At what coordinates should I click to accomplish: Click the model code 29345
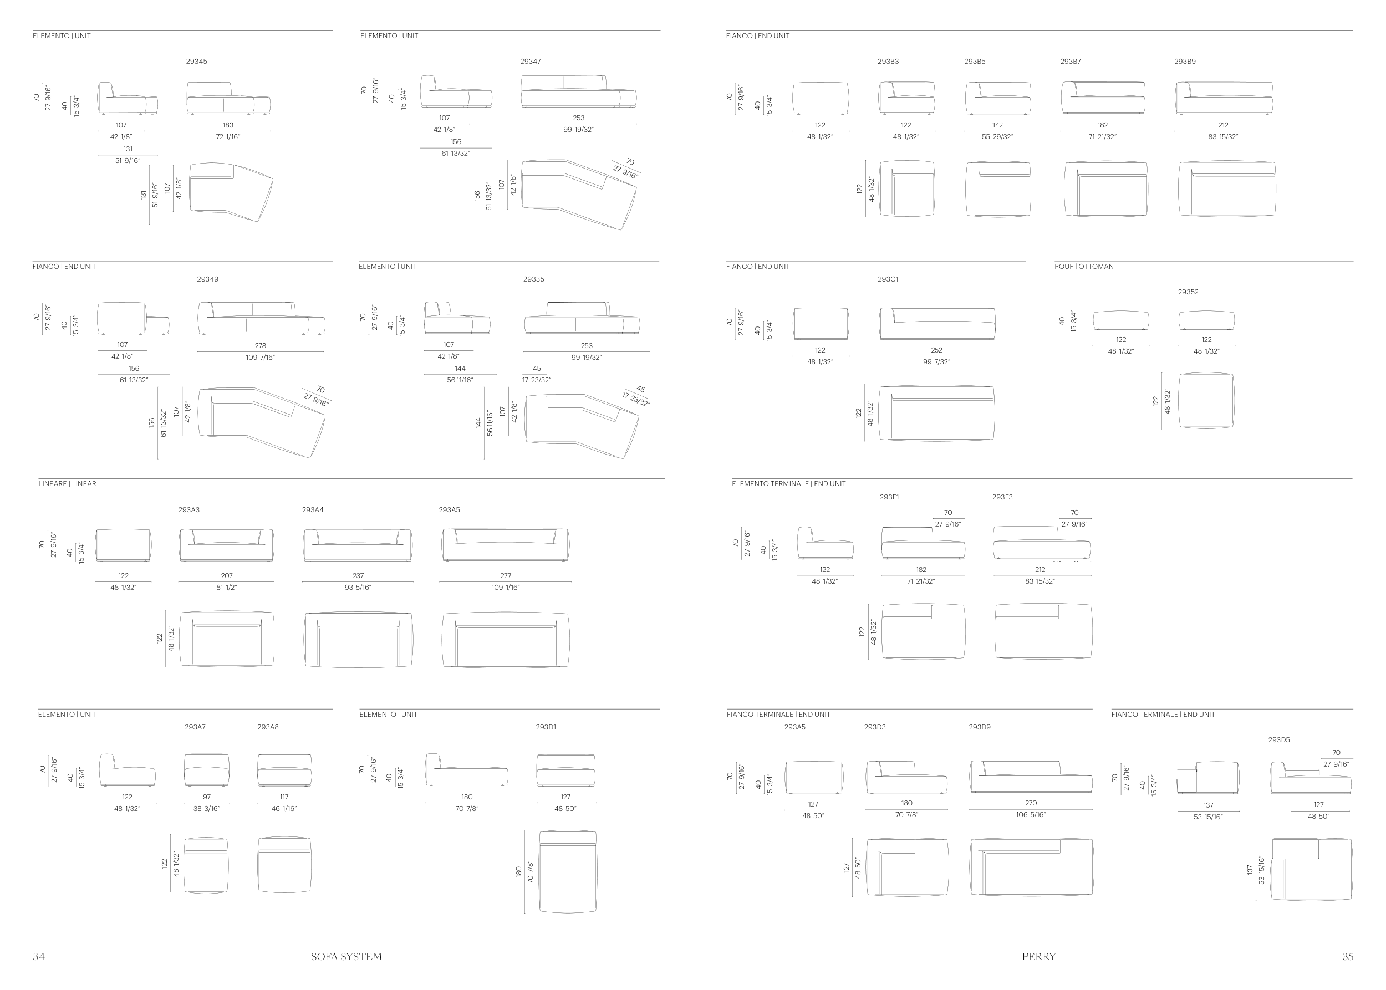pos(196,62)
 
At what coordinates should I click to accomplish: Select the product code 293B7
pos(1070,62)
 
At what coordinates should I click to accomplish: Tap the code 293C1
pos(888,279)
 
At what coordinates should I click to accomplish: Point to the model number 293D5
pos(1278,740)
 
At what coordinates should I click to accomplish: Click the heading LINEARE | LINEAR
pos(67,484)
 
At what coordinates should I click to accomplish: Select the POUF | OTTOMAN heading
pos(1084,267)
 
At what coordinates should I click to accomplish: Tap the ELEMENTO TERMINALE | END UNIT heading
pos(788,484)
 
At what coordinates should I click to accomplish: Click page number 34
pos(38,957)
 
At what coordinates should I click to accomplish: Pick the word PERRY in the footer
pos(1038,957)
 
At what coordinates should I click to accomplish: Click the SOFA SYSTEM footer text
pos(346,957)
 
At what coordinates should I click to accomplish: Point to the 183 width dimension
pos(228,125)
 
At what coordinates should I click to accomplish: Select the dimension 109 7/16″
pos(261,357)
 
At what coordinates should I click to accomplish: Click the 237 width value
pos(358,575)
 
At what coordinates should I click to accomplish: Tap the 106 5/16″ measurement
pos(1031,814)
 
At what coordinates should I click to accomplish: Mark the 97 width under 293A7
pos(207,797)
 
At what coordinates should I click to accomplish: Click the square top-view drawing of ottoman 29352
pos(1206,401)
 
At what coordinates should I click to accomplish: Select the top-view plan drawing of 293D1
pos(568,871)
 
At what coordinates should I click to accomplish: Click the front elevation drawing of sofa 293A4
pos(358,545)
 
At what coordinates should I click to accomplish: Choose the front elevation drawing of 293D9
pos(1031,777)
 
